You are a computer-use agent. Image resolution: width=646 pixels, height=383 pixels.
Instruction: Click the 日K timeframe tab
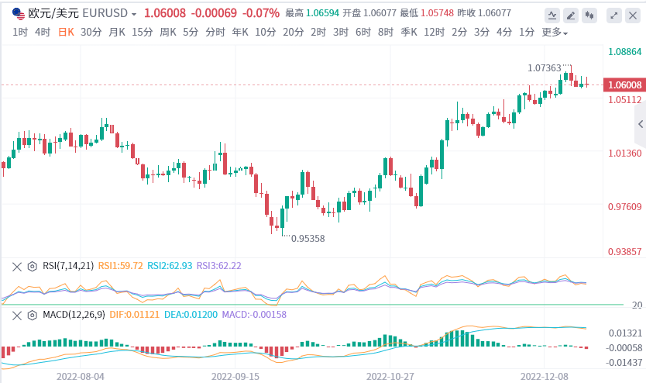pyautogui.click(x=67, y=32)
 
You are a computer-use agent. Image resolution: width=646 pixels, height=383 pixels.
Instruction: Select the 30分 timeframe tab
pyautogui.click(x=91, y=32)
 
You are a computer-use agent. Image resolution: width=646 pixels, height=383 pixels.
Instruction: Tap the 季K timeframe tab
pyautogui.click(x=410, y=32)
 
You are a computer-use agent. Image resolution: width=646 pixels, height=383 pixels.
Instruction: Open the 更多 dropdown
pyautogui.click(x=554, y=33)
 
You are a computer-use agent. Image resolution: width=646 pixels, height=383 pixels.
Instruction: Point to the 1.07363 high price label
pyautogui.click(x=545, y=68)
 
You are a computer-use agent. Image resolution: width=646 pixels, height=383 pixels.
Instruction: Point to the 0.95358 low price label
pyautogui.click(x=308, y=239)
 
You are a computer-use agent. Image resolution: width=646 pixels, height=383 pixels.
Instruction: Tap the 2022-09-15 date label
pyautogui.click(x=236, y=374)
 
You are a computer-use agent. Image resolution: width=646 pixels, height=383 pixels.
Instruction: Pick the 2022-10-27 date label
pyautogui.click(x=391, y=374)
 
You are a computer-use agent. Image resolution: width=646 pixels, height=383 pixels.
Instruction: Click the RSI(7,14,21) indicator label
pyautogui.click(x=67, y=266)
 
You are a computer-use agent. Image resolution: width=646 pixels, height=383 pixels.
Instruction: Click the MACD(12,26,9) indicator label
pyautogui.click(x=74, y=315)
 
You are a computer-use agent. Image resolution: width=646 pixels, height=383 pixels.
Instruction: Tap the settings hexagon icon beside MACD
pyautogui.click(x=32, y=315)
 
